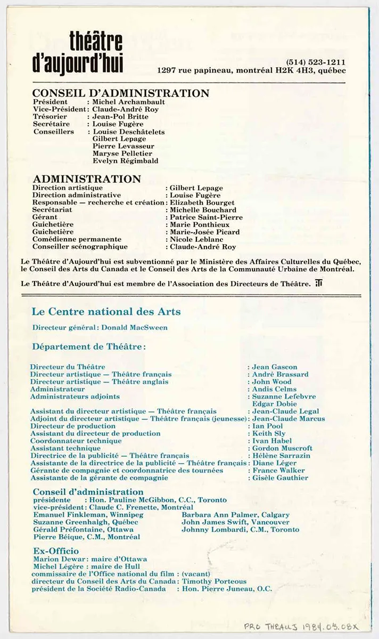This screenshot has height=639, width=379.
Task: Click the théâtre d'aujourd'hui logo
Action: pos(96,52)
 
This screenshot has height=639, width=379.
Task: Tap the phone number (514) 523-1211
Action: pos(315,61)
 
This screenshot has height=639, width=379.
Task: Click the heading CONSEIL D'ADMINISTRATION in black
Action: pos(121,93)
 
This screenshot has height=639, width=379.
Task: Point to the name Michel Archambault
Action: pos(128,102)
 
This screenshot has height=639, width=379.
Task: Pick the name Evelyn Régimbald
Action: pos(125,160)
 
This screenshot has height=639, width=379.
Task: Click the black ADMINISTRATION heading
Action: pos(87,179)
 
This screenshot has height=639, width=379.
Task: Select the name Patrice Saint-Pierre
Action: pos(206,217)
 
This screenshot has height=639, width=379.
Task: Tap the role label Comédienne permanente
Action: pos(77,239)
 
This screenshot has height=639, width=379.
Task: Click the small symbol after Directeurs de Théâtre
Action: pos(318,284)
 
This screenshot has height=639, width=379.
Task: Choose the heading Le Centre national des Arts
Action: pos(106,311)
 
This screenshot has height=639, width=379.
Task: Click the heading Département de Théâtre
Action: pos(89,346)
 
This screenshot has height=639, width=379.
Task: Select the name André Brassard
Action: pos(280,374)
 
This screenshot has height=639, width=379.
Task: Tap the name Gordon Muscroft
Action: pos(282,448)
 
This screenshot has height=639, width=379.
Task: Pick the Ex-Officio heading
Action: pos(56,551)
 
